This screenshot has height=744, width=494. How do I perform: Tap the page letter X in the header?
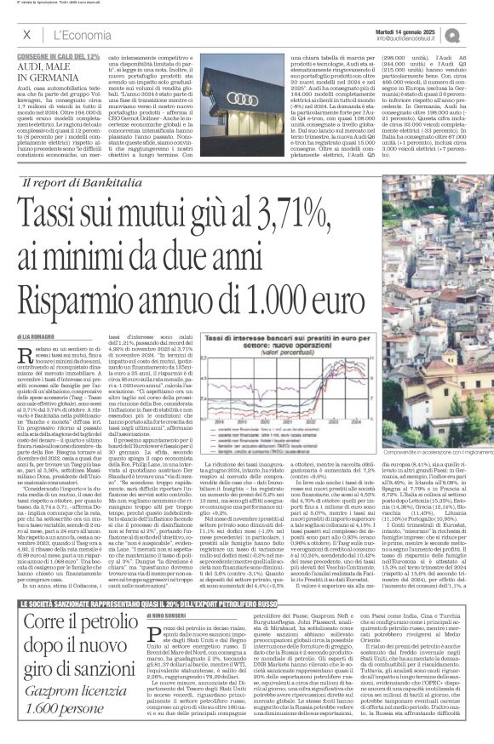pyautogui.click(x=27, y=34)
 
